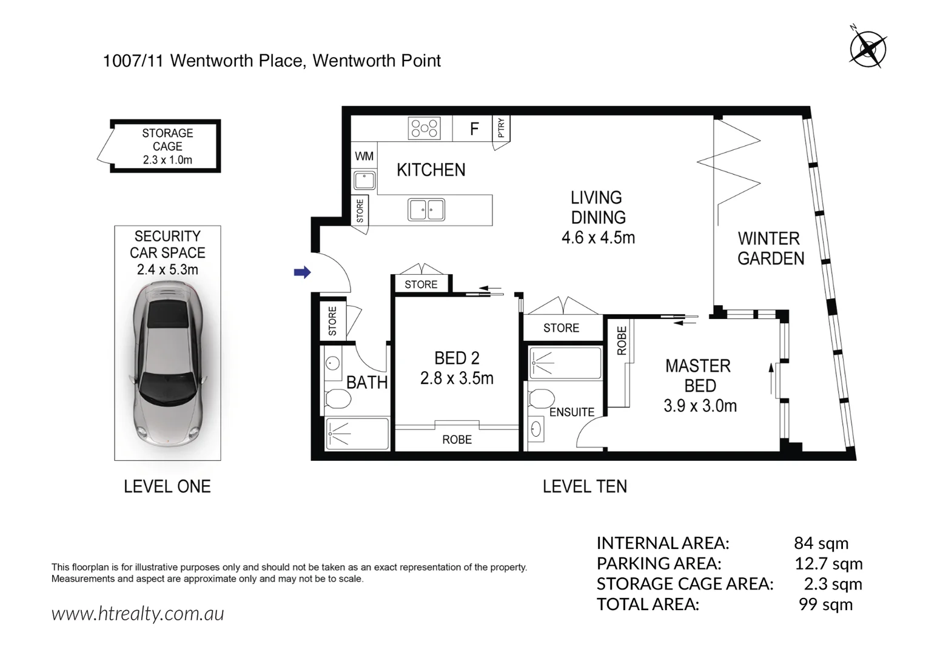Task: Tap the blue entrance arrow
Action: tap(302, 272)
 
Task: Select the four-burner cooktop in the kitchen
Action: tap(425, 129)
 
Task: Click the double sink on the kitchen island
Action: tap(426, 210)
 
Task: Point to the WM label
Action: tap(364, 156)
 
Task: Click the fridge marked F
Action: tap(474, 129)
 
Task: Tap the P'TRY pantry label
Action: tap(501, 128)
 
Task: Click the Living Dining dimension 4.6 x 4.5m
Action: tap(598, 238)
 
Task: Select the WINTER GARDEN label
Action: tap(770, 249)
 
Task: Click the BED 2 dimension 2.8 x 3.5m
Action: tap(457, 378)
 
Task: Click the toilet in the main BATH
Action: tap(337, 399)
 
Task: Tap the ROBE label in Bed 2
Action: tap(457, 440)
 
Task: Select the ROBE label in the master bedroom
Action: tap(622, 341)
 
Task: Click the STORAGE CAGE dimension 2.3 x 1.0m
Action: tap(167, 160)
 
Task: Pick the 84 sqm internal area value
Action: tap(821, 543)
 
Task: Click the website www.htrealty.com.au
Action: tap(138, 614)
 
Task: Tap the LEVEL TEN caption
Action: tap(585, 486)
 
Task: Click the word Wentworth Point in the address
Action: tap(377, 61)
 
